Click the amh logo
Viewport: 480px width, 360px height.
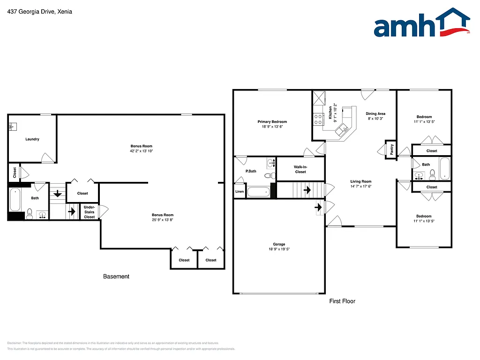click(421, 23)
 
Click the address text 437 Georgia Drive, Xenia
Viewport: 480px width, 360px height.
click(40, 12)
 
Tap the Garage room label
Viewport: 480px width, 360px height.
click(279, 244)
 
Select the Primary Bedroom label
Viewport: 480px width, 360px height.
click(272, 122)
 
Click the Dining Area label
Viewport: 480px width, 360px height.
click(375, 114)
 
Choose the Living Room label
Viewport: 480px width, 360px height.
click(360, 181)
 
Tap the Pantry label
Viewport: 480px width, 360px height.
click(391, 150)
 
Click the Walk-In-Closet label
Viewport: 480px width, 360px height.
click(300, 169)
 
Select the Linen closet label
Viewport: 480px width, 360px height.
click(240, 192)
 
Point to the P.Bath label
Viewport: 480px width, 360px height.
click(251, 171)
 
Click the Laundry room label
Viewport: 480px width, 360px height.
click(32, 139)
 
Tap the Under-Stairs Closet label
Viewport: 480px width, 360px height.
click(90, 211)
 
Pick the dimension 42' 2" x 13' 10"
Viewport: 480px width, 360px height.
click(141, 151)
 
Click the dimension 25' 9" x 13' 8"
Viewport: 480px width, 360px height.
click(162, 220)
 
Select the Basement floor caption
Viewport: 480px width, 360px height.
click(116, 277)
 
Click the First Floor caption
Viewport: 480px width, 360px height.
click(342, 301)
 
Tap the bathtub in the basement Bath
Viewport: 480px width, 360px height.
click(15, 200)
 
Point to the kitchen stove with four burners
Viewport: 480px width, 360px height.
click(318, 119)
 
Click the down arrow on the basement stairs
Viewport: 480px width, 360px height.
click(58, 193)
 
